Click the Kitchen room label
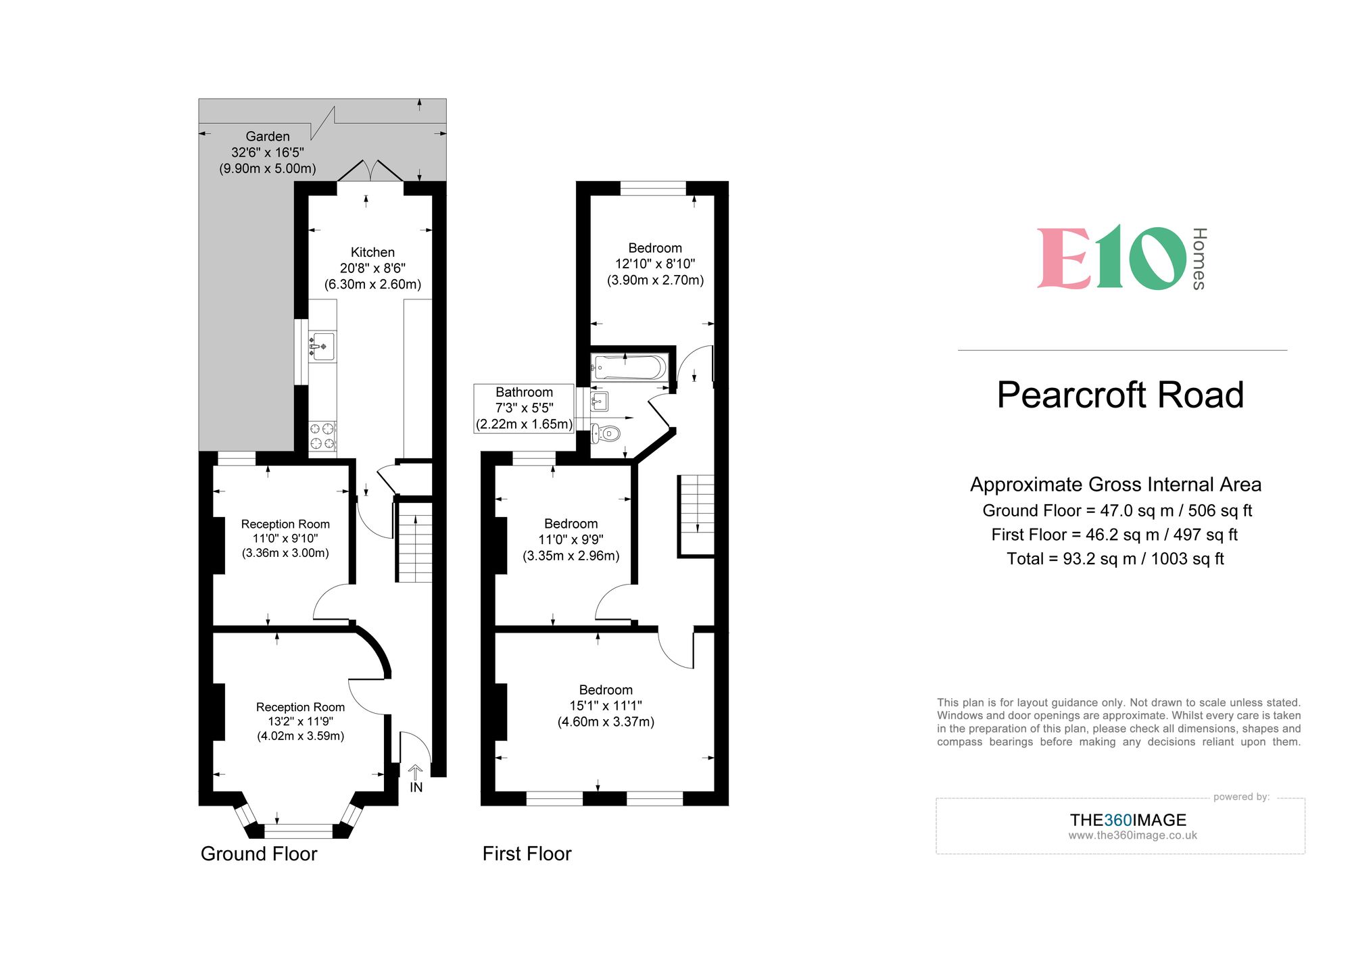pos(372,252)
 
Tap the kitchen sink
pos(322,346)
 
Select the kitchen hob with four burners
pos(322,436)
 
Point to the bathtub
pos(629,367)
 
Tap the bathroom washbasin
pos(600,402)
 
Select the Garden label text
pos(268,137)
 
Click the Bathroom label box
pos(524,408)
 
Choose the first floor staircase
pos(696,515)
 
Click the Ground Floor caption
pos(259,854)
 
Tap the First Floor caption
pos(527,854)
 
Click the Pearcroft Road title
pos(1120,395)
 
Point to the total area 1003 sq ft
pos(1115,559)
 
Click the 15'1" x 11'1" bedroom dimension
pos(606,706)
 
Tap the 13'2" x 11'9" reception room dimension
pos(300,721)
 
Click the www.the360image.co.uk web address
pos(1132,835)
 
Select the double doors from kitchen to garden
pos(370,172)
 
